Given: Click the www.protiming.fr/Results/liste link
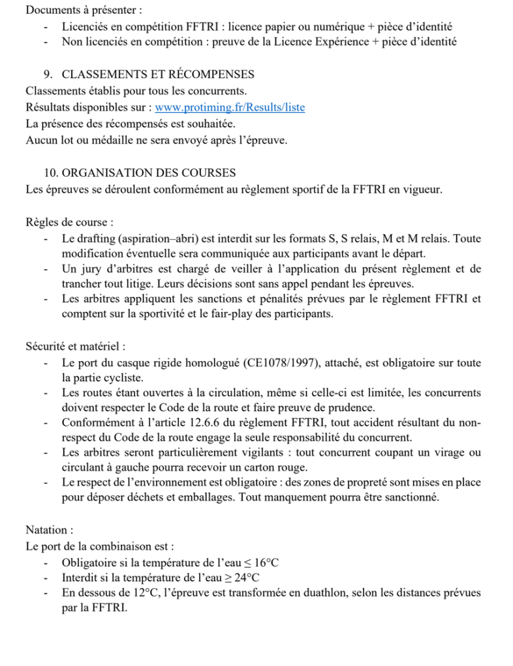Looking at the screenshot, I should pyautogui.click(x=230, y=108).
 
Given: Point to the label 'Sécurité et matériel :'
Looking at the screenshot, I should pyautogui.click(x=76, y=346).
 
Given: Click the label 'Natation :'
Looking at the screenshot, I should pyautogui.click(x=50, y=530).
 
